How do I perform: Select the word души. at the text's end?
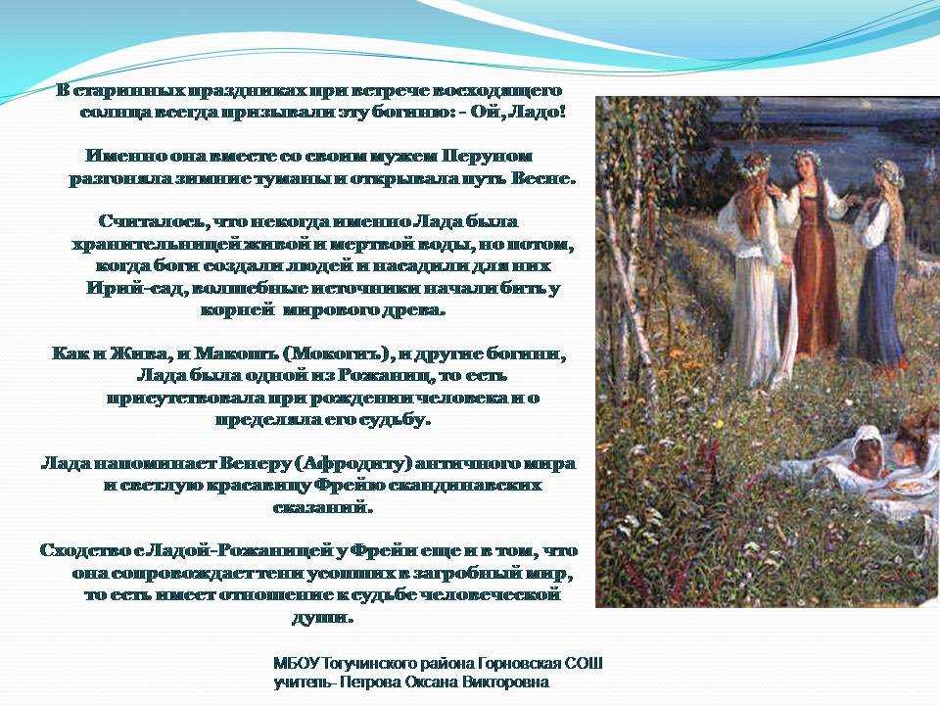pyautogui.click(x=322, y=618)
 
